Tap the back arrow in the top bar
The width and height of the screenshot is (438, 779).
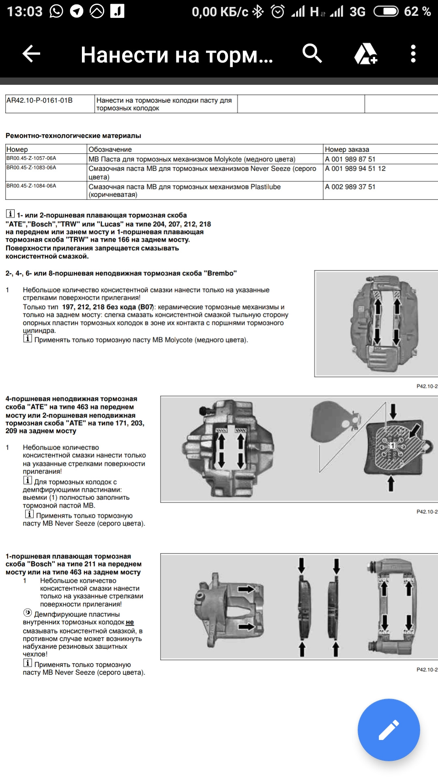click(31, 54)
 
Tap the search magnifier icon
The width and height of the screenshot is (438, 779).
click(312, 53)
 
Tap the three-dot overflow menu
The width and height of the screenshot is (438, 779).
click(413, 54)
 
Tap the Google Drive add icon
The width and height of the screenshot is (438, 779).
click(366, 54)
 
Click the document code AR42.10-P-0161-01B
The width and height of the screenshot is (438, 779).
click(39, 100)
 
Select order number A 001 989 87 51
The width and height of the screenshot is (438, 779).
click(350, 159)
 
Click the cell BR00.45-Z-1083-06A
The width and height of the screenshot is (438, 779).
click(31, 168)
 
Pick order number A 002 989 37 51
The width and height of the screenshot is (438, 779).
click(350, 187)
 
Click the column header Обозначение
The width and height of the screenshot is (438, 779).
click(110, 149)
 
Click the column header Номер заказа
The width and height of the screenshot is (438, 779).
click(347, 149)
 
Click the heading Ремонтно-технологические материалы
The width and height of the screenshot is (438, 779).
click(73, 136)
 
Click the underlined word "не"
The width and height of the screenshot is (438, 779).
click(130, 622)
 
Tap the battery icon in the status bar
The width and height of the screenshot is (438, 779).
click(386, 11)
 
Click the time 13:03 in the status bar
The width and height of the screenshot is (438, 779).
click(25, 11)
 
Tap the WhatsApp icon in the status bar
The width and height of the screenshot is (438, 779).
click(56, 11)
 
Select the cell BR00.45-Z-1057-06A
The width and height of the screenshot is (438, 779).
click(31, 158)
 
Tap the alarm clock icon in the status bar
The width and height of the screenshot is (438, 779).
click(278, 11)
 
